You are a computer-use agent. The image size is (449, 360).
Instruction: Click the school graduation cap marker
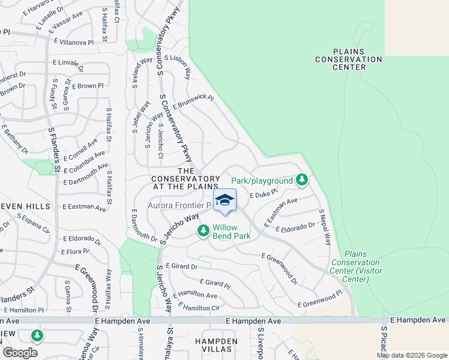tap(224, 200)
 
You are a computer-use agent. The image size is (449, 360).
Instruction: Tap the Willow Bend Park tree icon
tap(203, 230)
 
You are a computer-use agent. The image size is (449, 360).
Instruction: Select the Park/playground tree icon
tap(302, 180)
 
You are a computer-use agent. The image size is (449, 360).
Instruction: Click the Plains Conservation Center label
tap(349, 59)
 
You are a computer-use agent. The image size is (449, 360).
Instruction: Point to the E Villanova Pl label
tap(74, 43)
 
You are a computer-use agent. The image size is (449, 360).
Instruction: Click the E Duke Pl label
tap(264, 194)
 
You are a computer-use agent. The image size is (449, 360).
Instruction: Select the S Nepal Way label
tap(325, 227)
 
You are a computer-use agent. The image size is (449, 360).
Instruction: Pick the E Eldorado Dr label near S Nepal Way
tap(295, 227)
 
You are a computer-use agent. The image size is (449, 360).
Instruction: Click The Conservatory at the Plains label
tap(185, 179)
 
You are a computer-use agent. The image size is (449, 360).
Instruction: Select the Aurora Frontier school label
tap(179, 205)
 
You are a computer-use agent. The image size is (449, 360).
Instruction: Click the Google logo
tap(20, 353)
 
